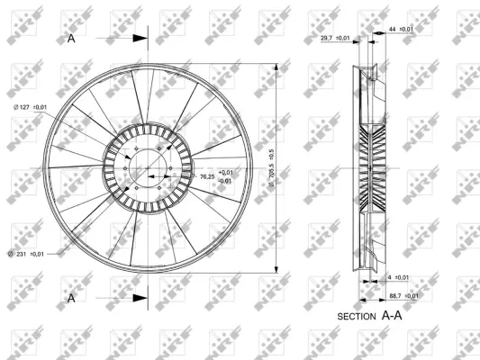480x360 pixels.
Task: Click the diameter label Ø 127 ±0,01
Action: (29, 108)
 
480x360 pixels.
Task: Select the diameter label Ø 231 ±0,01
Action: (30, 255)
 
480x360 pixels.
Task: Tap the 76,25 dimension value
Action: (207, 176)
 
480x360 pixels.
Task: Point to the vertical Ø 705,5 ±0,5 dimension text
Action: (270, 166)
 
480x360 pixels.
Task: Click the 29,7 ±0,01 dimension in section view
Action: (335, 39)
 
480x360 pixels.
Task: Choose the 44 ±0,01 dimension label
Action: (401, 30)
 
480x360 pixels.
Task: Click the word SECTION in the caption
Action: (356, 318)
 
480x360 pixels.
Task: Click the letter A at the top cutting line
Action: (71, 39)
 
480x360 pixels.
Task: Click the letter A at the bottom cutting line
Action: (71, 295)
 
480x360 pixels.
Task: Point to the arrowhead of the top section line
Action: (140, 39)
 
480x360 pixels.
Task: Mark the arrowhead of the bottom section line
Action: (140, 295)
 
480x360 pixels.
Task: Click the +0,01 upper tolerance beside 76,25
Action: (225, 172)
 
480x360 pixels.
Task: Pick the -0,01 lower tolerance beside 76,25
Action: (225, 181)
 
